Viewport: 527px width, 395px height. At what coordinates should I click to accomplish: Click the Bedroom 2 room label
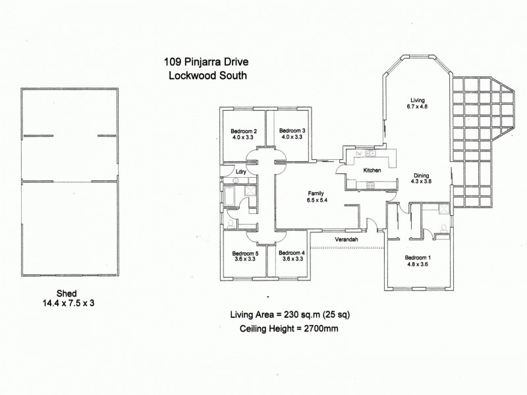[245, 131]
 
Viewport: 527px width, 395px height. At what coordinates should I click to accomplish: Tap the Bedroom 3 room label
[290, 130]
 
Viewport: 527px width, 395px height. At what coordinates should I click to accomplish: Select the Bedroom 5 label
[245, 253]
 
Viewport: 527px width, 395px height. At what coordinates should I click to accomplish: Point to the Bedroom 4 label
[291, 253]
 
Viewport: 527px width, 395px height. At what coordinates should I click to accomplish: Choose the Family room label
[317, 194]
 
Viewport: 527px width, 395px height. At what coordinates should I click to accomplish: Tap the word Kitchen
[373, 171]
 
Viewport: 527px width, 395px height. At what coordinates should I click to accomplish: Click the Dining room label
[422, 175]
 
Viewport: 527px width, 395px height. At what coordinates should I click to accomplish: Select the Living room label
[418, 99]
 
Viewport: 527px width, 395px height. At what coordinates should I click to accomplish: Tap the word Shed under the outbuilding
[66, 294]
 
